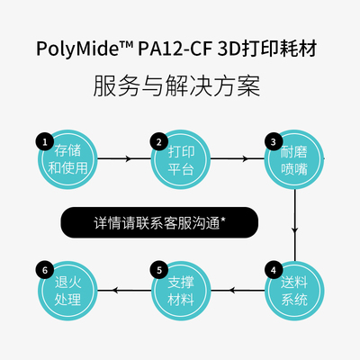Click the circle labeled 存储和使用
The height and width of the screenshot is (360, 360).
point(66,159)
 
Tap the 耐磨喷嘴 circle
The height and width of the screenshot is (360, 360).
point(293,159)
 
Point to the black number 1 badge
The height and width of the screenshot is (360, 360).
point(42,141)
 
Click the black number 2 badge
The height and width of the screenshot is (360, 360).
point(157,141)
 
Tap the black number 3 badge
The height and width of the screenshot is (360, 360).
point(271,141)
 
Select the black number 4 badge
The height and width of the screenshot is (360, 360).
point(271,269)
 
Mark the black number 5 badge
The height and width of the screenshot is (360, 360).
point(157,269)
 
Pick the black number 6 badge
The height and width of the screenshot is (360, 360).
point(42,269)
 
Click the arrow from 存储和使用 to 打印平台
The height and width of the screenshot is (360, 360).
point(121,159)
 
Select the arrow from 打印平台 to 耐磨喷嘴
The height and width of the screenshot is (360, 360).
point(236,159)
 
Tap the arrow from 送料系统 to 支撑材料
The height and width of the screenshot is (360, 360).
point(237,290)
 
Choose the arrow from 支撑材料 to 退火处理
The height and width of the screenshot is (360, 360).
point(122,290)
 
